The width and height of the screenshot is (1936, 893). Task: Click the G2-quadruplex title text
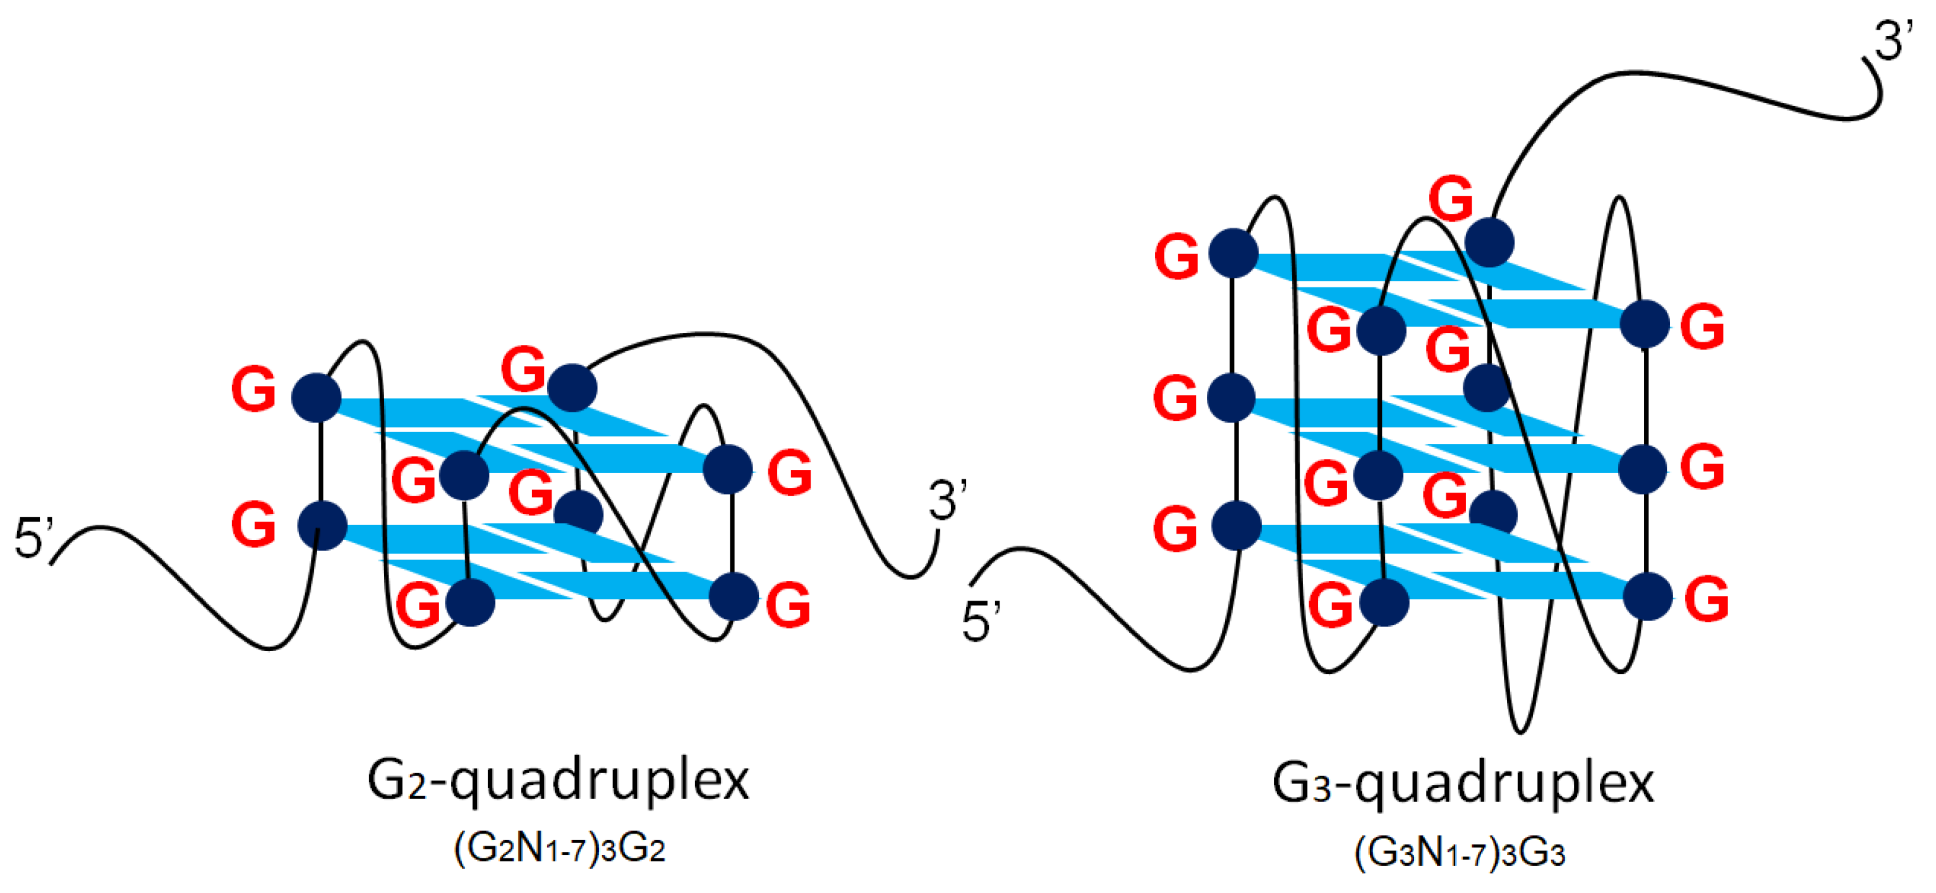click(558, 781)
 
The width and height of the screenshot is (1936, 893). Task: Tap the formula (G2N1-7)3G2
click(560, 849)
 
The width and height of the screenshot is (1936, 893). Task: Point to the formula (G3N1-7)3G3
click(1460, 853)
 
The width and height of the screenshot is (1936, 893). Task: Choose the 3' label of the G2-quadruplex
click(947, 500)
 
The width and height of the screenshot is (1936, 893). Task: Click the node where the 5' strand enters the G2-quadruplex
click(322, 525)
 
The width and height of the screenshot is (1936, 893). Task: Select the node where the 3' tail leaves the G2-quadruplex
click(572, 388)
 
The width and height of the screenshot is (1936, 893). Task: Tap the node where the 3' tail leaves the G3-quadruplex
click(1489, 243)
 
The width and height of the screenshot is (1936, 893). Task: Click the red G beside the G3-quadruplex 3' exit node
click(1451, 199)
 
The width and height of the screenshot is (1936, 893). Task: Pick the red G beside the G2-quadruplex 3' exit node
click(523, 369)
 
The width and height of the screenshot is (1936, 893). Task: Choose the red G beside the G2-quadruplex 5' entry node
click(253, 525)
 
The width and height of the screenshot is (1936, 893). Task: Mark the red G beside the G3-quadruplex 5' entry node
click(1175, 529)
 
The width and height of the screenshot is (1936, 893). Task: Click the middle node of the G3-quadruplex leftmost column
click(1231, 397)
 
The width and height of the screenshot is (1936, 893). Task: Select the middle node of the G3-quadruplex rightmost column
click(1643, 469)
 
